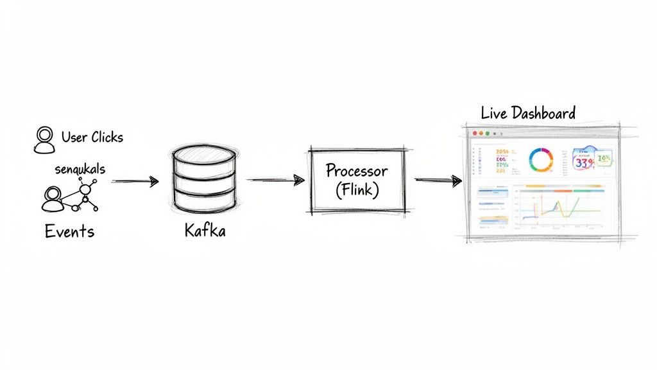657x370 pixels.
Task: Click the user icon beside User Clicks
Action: point(44,139)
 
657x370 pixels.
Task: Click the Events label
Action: point(69,231)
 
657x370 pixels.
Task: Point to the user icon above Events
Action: point(53,198)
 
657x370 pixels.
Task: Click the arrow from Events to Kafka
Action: point(135,182)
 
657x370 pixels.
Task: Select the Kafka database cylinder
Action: point(204,180)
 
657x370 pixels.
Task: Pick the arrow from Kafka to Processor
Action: point(275,181)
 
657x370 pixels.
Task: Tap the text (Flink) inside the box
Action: point(357,190)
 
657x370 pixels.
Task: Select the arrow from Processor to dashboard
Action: point(438,181)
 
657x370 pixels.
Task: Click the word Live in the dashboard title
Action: point(494,114)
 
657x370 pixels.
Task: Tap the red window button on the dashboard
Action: point(475,133)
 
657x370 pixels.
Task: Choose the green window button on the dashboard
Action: point(488,133)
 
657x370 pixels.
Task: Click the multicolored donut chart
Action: point(540,159)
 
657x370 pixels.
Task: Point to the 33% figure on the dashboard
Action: point(584,163)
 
